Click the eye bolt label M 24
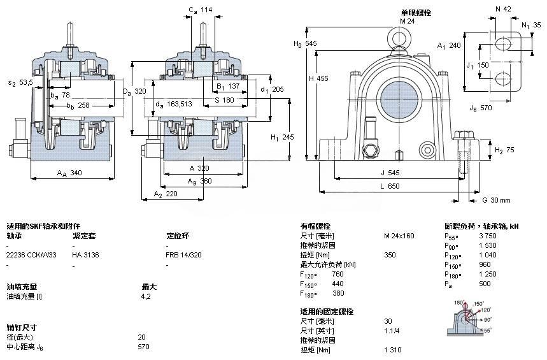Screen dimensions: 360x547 click(407, 21)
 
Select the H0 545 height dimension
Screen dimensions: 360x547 click(304, 43)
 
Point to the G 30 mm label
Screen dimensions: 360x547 click(496, 200)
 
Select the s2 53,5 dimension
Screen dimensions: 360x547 click(20, 83)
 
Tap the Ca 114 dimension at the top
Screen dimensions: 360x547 click(200, 10)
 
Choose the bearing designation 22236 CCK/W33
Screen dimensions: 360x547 click(31, 254)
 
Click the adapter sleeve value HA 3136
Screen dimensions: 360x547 click(86, 254)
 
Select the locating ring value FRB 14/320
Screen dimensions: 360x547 click(185, 254)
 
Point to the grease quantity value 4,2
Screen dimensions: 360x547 click(145, 296)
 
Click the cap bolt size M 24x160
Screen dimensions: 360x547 click(399, 236)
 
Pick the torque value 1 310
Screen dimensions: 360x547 click(393, 350)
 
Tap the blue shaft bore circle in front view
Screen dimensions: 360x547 click(399, 101)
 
